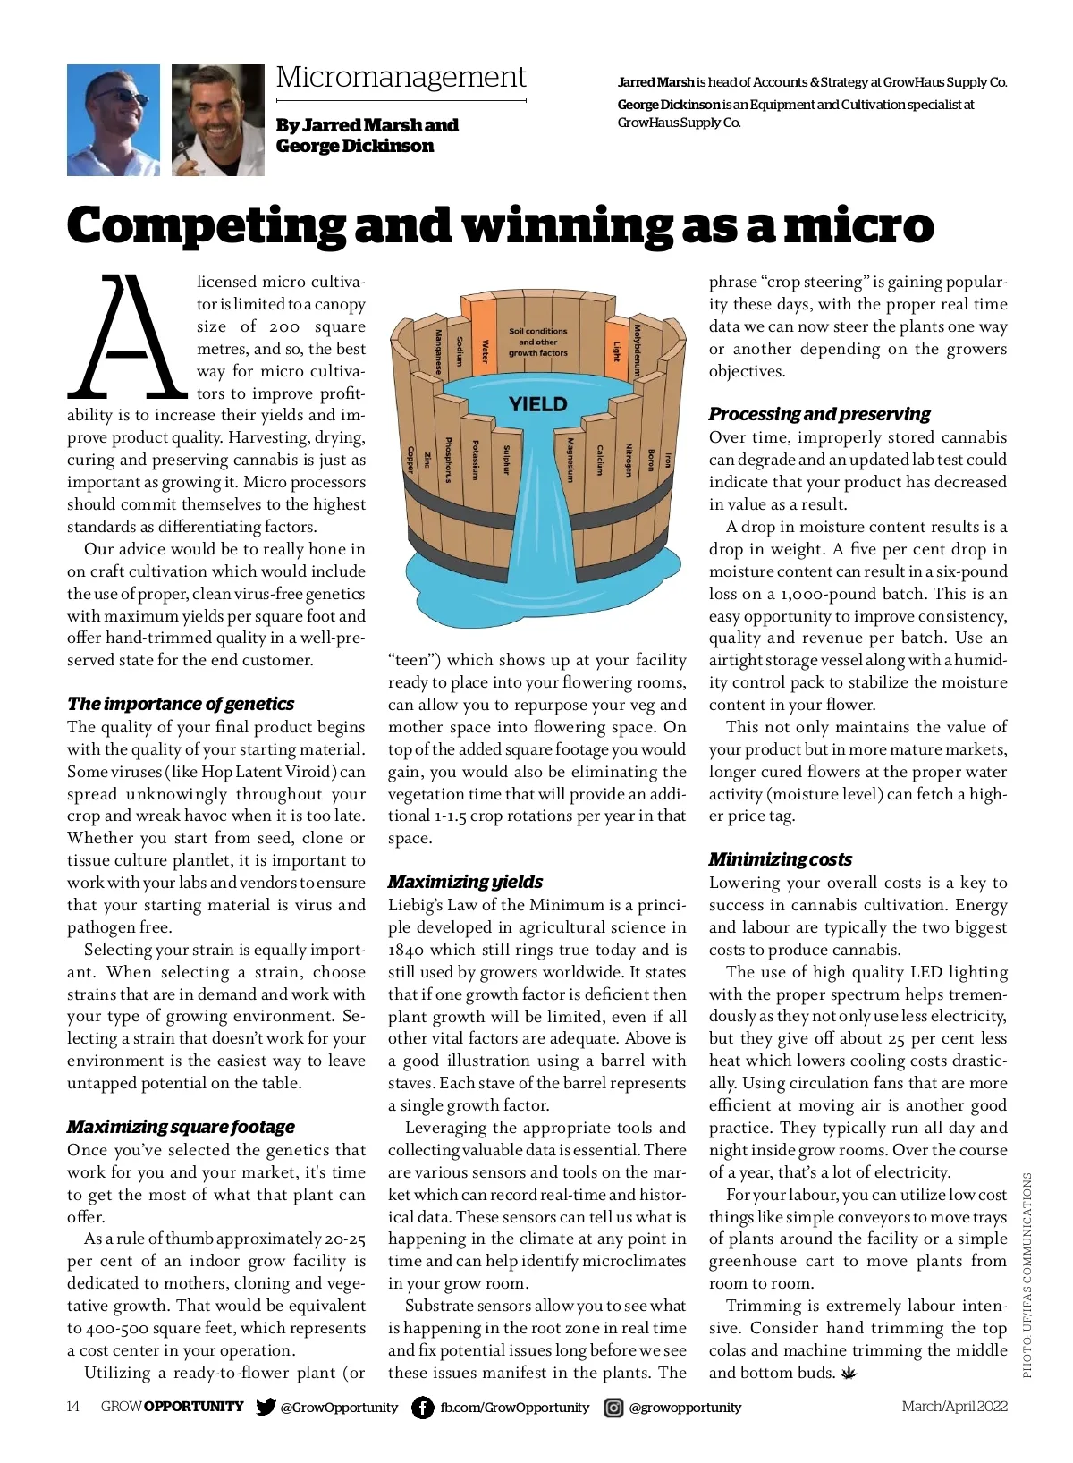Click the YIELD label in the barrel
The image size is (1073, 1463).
(537, 404)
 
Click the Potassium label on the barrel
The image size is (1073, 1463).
(475, 460)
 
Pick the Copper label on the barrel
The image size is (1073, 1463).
(411, 459)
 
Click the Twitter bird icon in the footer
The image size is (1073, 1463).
(266, 1407)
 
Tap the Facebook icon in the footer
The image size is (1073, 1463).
(422, 1407)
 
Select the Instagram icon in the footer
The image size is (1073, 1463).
(613, 1408)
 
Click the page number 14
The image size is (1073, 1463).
(73, 1407)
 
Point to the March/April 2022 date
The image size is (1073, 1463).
(954, 1407)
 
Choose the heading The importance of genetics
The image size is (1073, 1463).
(181, 704)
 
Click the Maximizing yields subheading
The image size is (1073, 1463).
(465, 882)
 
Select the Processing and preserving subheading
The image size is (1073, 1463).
(819, 414)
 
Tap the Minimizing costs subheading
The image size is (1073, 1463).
(780, 859)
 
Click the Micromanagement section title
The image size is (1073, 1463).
(401, 78)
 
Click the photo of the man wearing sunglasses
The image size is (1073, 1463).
(114, 120)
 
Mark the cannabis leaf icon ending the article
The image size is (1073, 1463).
(849, 1372)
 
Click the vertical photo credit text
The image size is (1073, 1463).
(1027, 1274)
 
